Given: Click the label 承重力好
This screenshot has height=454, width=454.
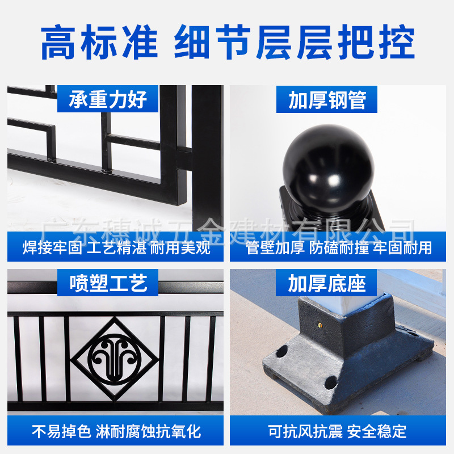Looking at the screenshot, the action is coord(108,99).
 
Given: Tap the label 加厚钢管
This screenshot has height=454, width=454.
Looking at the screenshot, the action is coord(327,100).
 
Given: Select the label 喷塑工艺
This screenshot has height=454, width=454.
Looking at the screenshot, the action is coord(108,283).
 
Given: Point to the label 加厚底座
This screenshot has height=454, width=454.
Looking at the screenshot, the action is coord(327,283).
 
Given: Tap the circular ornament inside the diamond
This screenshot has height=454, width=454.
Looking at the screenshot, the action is coord(115,359).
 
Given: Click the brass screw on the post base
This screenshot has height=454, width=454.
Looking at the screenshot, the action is coord(320,325).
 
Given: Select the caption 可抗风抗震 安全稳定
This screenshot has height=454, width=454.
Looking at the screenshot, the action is coord(337,431).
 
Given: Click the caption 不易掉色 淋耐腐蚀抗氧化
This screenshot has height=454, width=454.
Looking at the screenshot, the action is coord(116,431).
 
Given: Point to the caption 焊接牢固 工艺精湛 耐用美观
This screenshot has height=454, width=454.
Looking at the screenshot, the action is coord(116,247).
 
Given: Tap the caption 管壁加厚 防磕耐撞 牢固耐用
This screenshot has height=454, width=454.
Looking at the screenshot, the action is coord(338,248).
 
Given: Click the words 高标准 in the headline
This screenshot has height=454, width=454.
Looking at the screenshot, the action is coord(99,42).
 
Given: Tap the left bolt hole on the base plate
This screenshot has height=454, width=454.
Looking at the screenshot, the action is coord(281,351).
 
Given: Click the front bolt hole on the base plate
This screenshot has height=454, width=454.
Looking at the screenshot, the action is coord(331,382).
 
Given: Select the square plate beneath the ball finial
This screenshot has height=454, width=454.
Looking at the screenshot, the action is coord(331,208).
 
